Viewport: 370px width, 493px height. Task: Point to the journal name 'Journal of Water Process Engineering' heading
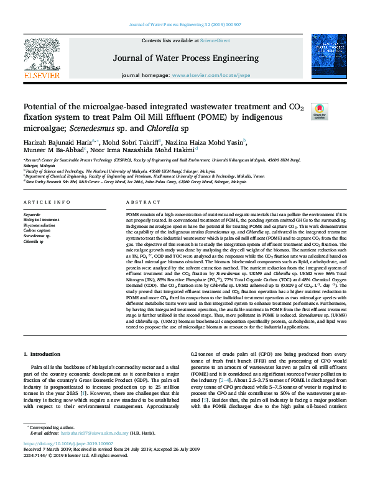click(x=185, y=58)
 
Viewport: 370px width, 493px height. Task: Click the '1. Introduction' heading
click(x=45, y=354)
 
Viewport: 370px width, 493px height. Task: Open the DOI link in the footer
click(x=68, y=461)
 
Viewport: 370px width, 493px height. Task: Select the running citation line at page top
click(x=185, y=24)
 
